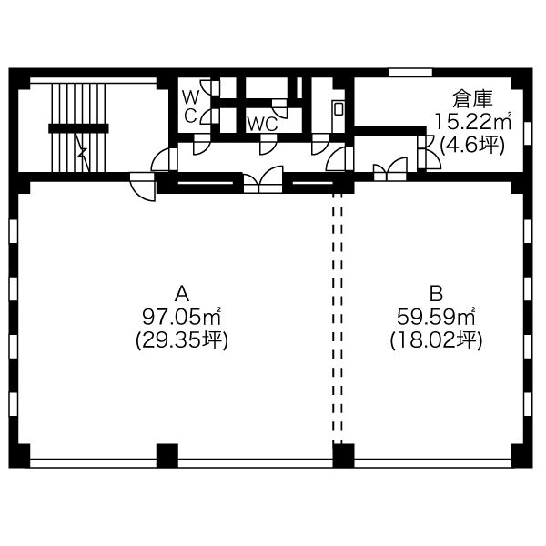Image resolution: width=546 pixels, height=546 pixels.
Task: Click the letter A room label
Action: coord(182,293)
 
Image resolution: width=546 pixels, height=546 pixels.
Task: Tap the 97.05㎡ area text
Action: coord(182,316)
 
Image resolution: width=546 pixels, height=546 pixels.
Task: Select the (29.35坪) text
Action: coord(182,339)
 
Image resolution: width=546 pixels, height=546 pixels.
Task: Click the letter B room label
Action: coord(436,293)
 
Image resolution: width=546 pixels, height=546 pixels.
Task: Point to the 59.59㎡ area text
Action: coord(436,316)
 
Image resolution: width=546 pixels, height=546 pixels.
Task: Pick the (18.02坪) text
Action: coord(436,339)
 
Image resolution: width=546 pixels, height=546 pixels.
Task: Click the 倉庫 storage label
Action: coord(472,99)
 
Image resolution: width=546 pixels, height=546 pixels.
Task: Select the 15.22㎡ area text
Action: coord(472,121)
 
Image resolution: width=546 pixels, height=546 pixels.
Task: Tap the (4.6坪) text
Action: coord(472,145)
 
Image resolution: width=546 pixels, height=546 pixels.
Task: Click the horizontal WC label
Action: coord(262,124)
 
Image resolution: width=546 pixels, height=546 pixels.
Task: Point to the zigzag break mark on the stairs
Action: coord(83,152)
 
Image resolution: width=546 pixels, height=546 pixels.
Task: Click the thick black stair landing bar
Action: coord(78,128)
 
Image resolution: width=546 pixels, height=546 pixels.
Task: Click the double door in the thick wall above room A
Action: coord(263,179)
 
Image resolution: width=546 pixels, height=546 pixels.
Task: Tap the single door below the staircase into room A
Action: coord(143,187)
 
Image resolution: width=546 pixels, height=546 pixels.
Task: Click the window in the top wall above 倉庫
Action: coord(410,73)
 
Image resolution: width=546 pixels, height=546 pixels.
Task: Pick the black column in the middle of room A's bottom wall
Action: coord(167,456)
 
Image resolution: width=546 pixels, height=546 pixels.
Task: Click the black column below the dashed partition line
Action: coord(343,456)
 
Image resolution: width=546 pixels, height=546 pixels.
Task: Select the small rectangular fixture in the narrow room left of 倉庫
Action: coord(339,108)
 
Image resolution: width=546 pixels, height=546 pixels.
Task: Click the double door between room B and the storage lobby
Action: coord(390,169)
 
